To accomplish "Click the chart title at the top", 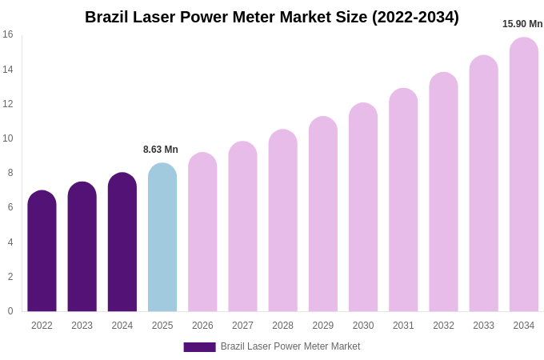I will pos(272,17).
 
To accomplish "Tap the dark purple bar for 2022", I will pos(42,251).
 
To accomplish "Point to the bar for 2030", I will pos(363,207).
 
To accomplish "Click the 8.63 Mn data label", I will pos(161,150).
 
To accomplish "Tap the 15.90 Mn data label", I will pos(522,24).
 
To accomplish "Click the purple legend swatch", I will pos(199,347).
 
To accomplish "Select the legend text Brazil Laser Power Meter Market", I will pos(290,346).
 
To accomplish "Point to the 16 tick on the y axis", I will pos(8,34).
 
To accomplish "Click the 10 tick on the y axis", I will pos(8,138).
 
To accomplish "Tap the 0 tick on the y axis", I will pos(10,311).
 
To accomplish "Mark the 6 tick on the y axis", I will pos(10,207).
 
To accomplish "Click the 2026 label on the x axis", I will pos(202,326).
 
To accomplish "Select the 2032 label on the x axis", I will pos(443,326).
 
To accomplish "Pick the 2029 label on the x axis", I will pos(323,326).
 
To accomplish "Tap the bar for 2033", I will pos(483,183).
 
